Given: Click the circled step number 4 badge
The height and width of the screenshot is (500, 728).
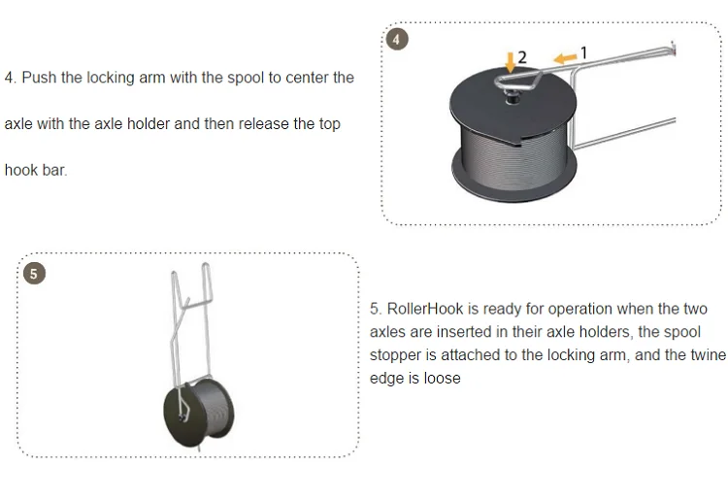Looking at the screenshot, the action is (x=396, y=40).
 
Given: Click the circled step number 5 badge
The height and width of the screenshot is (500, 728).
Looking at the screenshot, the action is (x=34, y=274).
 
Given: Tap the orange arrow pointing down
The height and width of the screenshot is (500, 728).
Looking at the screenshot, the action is (x=511, y=62).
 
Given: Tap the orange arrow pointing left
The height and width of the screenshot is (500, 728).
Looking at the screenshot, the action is (x=565, y=58).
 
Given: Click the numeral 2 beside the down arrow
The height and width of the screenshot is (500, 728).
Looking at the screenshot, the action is (x=522, y=57).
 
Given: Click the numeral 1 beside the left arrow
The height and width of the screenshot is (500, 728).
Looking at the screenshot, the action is (x=584, y=53).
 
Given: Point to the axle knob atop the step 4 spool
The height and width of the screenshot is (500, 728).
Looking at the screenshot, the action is (x=513, y=97).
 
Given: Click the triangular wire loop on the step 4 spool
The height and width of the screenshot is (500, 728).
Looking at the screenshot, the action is (x=518, y=80).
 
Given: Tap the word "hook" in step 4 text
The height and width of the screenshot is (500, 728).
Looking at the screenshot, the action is (x=20, y=170).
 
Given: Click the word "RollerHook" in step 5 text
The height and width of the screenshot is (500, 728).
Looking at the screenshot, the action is (x=425, y=309).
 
